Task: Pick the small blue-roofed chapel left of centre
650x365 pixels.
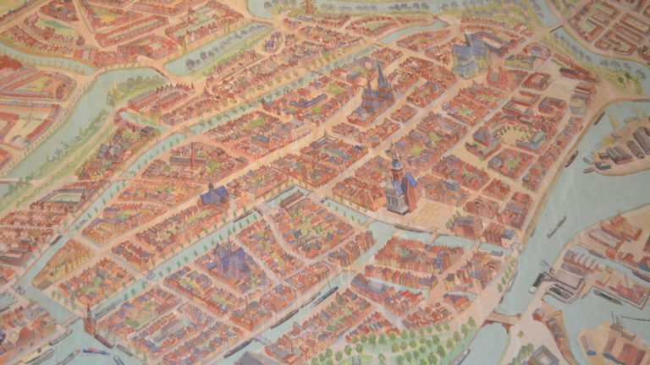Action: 214,196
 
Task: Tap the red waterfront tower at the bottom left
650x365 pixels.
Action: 89,319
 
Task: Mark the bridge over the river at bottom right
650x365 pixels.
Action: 504,319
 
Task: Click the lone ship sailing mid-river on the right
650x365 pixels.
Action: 556,226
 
